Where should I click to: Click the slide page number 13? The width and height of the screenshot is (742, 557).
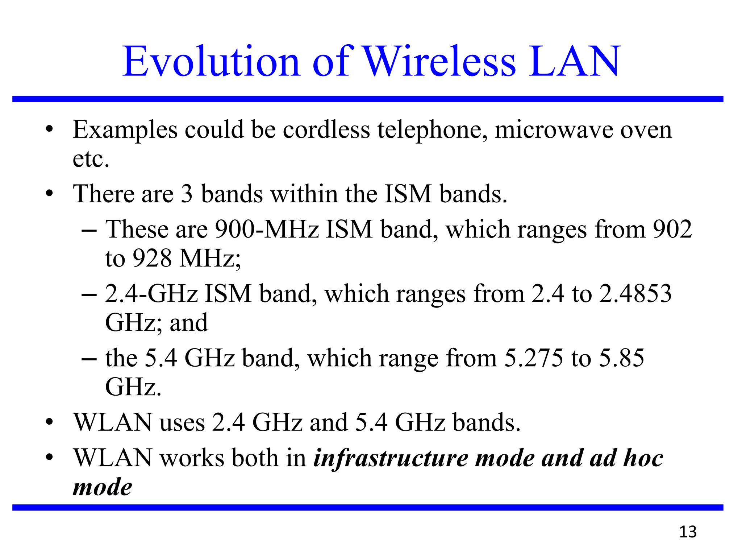pos(688,532)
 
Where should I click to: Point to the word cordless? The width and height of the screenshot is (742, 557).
pos(326,129)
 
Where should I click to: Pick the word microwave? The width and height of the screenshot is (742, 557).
pos(554,130)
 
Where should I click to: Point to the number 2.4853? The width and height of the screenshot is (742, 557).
pos(635,293)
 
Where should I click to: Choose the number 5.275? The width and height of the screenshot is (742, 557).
pos(534,358)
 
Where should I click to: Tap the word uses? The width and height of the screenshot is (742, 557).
pos(182,423)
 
